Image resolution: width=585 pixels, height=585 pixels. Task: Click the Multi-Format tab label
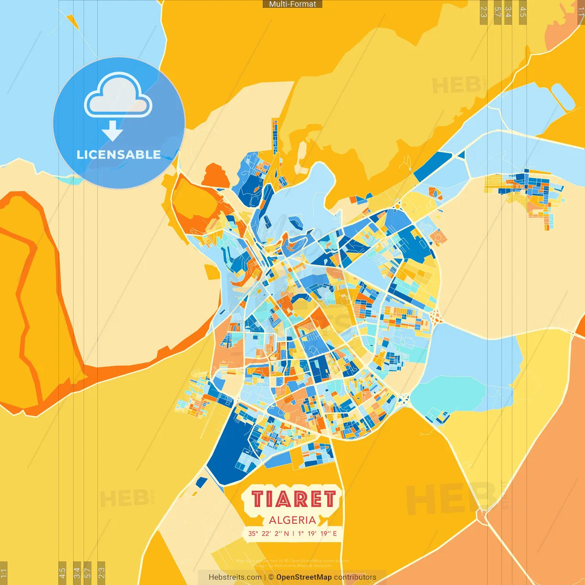(292, 4)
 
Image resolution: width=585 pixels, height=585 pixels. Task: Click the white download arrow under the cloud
(112, 131)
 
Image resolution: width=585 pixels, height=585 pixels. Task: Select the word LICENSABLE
(118, 154)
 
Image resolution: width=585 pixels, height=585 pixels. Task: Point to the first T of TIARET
(258, 499)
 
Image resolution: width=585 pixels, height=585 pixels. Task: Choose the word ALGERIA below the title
(292, 520)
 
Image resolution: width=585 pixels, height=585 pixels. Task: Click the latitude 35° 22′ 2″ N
(269, 533)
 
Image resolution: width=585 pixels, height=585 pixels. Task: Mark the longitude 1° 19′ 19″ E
(317, 533)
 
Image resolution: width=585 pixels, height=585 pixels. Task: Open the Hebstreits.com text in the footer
(235, 577)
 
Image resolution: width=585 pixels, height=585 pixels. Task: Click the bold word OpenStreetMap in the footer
(304, 577)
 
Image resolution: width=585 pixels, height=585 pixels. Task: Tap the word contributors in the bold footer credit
(355, 577)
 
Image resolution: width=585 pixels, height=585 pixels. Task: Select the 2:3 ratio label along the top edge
(484, 12)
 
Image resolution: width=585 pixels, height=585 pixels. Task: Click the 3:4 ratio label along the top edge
(508, 12)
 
